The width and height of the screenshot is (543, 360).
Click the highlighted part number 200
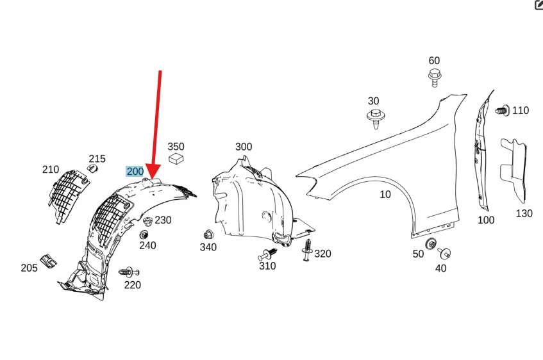click(x=135, y=171)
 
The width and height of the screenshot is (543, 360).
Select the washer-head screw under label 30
click(x=374, y=117)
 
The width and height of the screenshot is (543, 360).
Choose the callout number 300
click(x=244, y=147)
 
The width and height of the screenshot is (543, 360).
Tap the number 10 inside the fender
click(x=385, y=194)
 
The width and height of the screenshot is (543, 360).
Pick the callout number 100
click(x=486, y=220)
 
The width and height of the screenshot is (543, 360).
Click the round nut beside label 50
click(x=431, y=243)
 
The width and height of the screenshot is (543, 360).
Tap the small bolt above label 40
click(x=444, y=253)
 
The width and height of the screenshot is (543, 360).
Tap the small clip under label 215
click(x=92, y=168)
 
